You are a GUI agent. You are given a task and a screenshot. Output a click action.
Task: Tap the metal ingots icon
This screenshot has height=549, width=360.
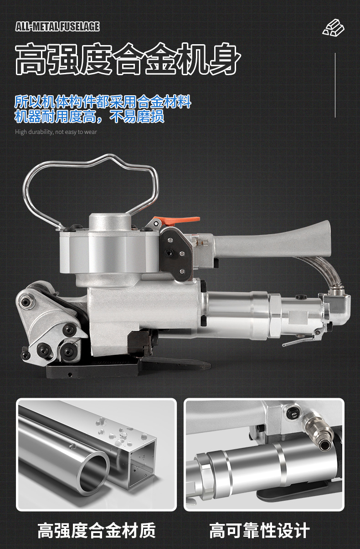[333, 27]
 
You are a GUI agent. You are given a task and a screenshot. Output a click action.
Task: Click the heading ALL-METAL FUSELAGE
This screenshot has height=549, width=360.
[57, 26]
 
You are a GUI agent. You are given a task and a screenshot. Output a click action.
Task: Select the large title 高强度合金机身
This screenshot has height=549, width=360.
[128, 59]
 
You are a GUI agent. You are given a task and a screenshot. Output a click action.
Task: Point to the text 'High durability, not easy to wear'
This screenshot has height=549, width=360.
[56, 132]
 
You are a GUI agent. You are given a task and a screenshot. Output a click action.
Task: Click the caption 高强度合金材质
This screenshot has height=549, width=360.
[97, 530]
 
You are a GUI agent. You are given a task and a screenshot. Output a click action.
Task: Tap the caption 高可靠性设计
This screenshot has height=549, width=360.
[259, 530]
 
